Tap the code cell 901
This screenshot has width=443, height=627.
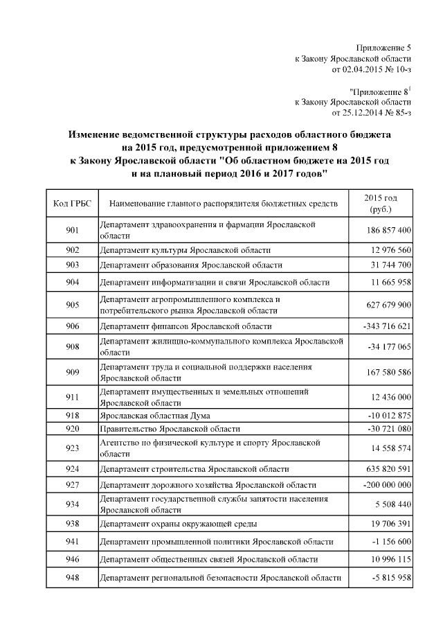[73, 230]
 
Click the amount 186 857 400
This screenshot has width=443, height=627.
[386, 230]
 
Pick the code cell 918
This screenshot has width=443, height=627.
[73, 416]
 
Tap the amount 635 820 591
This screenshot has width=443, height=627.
[386, 469]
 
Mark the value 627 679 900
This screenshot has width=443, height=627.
[386, 306]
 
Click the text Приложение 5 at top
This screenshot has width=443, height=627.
[383, 48]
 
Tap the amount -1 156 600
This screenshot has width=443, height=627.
[388, 541]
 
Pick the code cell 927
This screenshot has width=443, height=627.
[73, 484]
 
